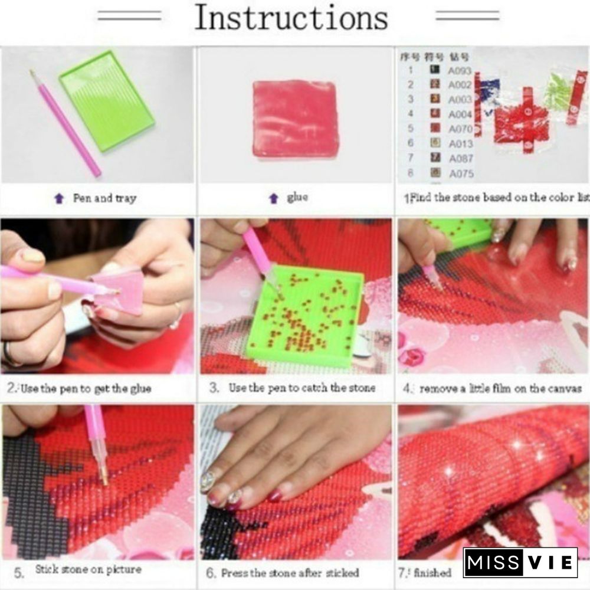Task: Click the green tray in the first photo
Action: [x=107, y=100]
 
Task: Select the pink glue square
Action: [x=296, y=119]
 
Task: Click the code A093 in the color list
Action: [x=460, y=70]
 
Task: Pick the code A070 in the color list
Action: [x=460, y=129]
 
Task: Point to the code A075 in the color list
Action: [x=460, y=173]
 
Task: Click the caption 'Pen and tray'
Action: [x=104, y=198]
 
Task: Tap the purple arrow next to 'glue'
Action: [x=273, y=199]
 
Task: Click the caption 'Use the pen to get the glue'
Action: [x=86, y=388]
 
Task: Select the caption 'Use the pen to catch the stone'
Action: [x=301, y=388]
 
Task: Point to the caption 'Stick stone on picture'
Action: [x=88, y=570]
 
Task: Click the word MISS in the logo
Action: [x=493, y=562]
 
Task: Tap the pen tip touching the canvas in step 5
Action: [x=104, y=475]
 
